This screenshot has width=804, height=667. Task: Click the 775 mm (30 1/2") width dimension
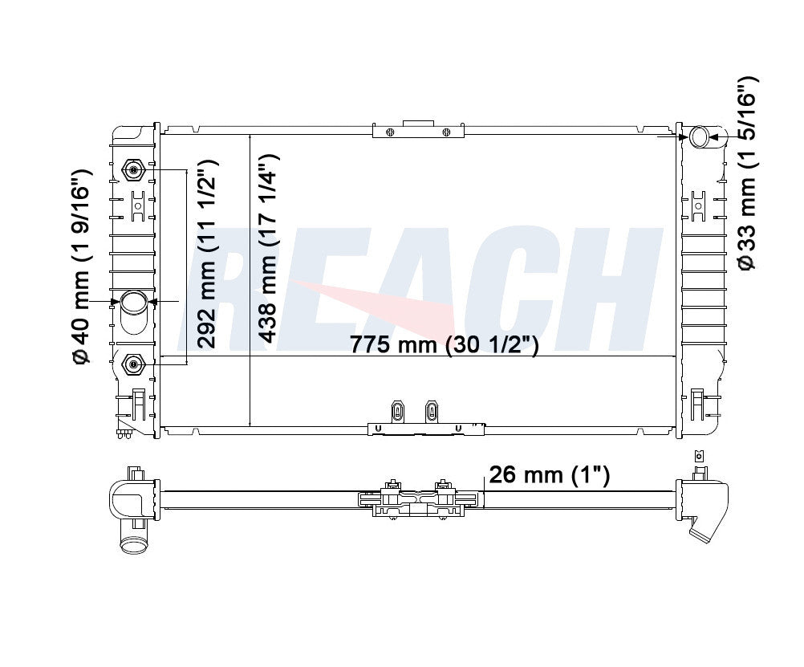tap(444, 344)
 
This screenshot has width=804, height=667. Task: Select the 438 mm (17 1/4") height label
tap(267, 248)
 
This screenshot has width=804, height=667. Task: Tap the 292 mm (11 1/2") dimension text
tap(207, 254)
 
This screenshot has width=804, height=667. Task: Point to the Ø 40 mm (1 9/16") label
tap(82, 266)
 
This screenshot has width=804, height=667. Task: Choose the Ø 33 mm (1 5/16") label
tap(747, 173)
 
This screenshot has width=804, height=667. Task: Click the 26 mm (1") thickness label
tap(549, 474)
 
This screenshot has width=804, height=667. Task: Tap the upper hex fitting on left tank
tap(134, 170)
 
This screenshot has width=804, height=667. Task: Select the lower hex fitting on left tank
tap(134, 364)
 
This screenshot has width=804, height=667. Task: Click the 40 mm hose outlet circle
tap(134, 302)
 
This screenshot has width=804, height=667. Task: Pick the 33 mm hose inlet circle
tap(700, 137)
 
